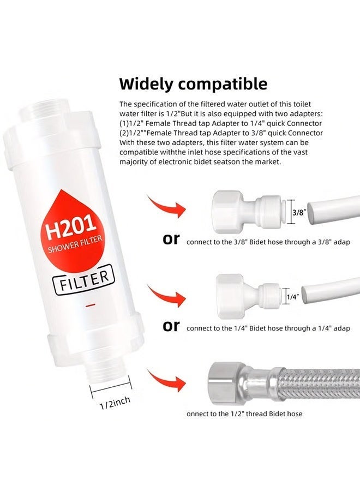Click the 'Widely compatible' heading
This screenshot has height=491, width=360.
pos(193,84)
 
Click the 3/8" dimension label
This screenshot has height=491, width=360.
pos(299,213)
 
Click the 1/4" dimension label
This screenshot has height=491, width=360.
pos(292,297)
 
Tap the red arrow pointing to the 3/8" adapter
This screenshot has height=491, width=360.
pos(166,206)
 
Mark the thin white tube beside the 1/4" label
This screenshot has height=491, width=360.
pos(326,293)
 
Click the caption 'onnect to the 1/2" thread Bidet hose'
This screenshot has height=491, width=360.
pos(244,414)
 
